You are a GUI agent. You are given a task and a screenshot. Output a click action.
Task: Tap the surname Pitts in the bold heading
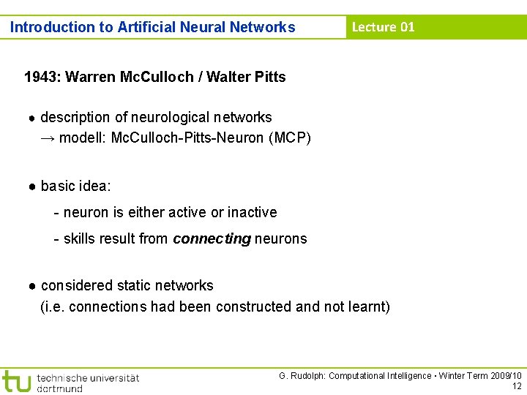click(x=268, y=77)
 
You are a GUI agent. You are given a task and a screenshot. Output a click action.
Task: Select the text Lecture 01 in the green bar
click(x=383, y=27)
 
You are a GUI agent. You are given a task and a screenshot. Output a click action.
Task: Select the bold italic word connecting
click(x=212, y=238)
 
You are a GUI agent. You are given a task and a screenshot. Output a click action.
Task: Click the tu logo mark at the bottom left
click(x=16, y=381)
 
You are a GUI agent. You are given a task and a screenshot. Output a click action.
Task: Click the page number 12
click(x=517, y=386)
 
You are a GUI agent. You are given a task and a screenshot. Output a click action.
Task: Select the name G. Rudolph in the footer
click(x=301, y=376)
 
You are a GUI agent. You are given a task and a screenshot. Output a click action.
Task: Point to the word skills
click(x=78, y=238)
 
